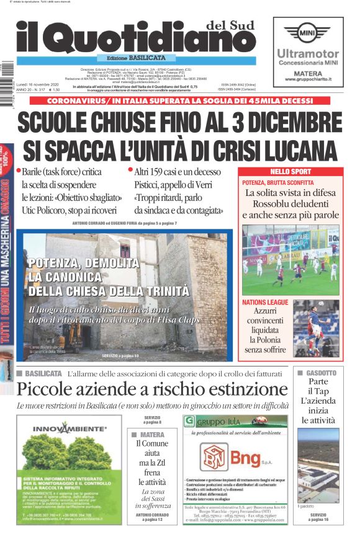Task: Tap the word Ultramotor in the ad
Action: click(x=308, y=54)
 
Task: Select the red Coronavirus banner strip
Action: click(x=180, y=100)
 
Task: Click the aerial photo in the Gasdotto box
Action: click(x=317, y=466)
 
